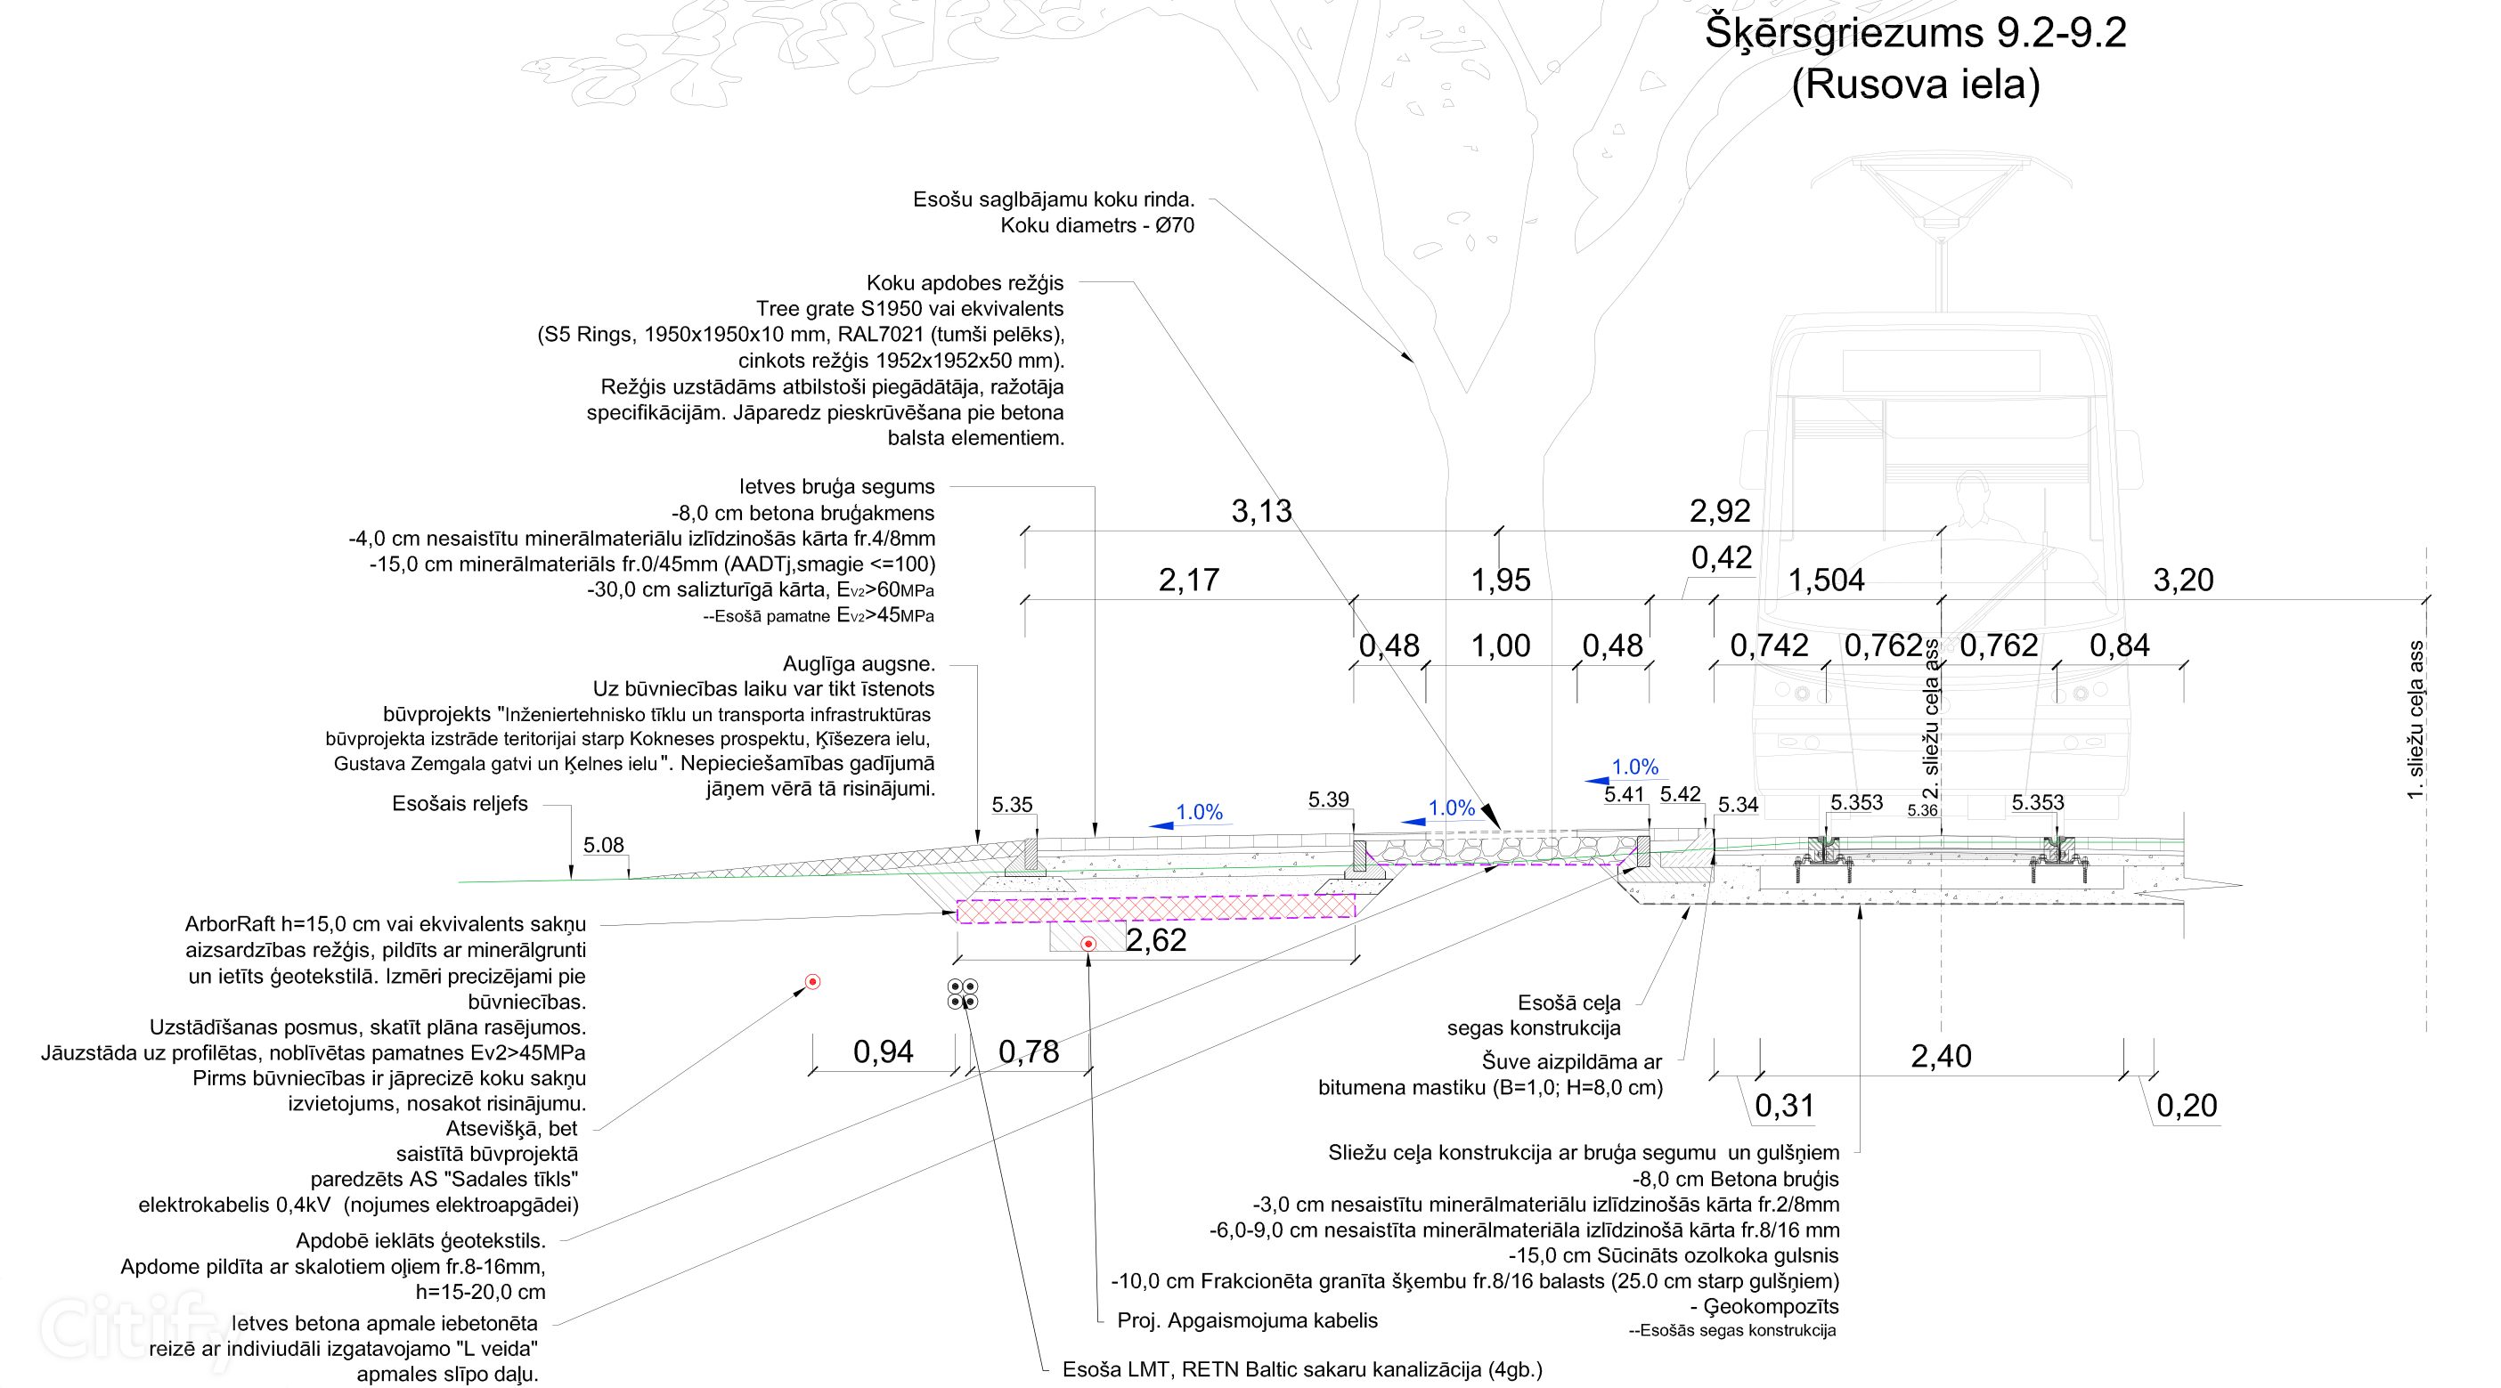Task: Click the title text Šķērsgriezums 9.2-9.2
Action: tap(1915, 34)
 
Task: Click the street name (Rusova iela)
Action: tap(1915, 85)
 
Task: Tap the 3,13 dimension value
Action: tap(1261, 512)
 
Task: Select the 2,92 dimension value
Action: tap(1719, 512)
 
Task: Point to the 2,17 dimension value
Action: tap(1188, 580)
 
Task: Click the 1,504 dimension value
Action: tap(1826, 580)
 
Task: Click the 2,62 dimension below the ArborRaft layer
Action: tap(1155, 940)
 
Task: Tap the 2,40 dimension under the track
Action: tap(1941, 1056)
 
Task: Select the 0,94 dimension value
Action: tap(883, 1052)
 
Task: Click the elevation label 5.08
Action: tap(603, 846)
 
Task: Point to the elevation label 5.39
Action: tap(1328, 800)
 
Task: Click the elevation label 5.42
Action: tap(1680, 794)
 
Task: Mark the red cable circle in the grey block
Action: tap(1088, 944)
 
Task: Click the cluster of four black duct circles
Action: tap(962, 994)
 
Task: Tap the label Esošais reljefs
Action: tap(460, 804)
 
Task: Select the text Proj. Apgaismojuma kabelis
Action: tap(1248, 1320)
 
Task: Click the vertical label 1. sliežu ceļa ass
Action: tap(2416, 719)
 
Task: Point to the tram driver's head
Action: tap(1972, 486)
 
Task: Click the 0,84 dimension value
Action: tap(2120, 645)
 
